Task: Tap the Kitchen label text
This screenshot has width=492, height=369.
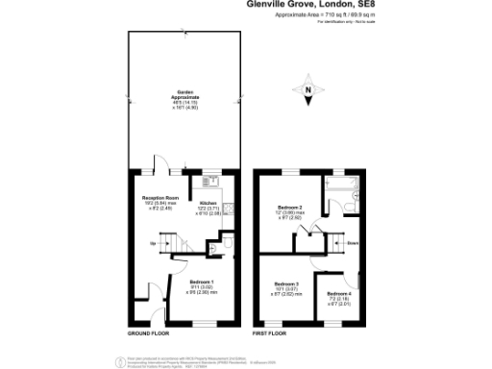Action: click(x=208, y=203)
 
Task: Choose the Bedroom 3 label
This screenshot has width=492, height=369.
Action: click(x=286, y=283)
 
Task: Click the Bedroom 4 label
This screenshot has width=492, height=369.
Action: click(x=339, y=293)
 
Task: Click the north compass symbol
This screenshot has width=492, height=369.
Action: click(x=307, y=91)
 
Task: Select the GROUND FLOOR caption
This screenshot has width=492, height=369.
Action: click(x=148, y=333)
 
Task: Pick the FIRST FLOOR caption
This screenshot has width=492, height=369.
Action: click(x=269, y=333)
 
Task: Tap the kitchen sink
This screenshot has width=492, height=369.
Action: click(x=211, y=181)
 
